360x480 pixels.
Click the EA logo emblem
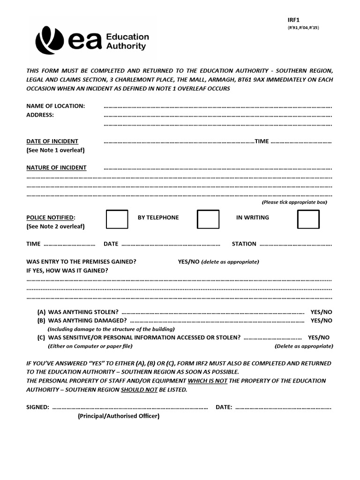click(x=51, y=41)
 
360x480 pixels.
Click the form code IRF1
click(x=293, y=20)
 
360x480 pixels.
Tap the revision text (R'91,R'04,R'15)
click(x=303, y=28)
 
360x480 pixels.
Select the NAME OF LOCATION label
click(x=55, y=106)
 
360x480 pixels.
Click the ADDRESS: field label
click(x=40, y=115)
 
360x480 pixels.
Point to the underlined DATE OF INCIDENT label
click(x=52, y=141)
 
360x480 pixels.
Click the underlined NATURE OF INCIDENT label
click(x=56, y=167)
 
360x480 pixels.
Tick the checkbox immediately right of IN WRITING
click(x=308, y=219)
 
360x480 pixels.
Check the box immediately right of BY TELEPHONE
click(x=208, y=219)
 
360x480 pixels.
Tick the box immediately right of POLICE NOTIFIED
click(x=117, y=219)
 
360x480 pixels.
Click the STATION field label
click(x=244, y=244)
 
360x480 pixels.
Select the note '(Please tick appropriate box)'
click(x=294, y=202)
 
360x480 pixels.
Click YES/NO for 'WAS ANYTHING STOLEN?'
click(x=321, y=312)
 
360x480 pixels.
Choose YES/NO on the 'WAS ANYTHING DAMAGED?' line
click(x=321, y=320)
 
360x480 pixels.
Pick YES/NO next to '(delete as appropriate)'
click(x=188, y=262)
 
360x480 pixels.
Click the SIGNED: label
click(x=37, y=407)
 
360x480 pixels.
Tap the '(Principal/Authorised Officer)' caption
click(x=119, y=416)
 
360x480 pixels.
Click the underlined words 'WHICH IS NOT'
click(x=208, y=381)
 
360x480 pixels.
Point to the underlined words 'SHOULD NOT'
click(x=139, y=390)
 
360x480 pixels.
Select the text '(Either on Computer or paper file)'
click(x=90, y=346)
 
